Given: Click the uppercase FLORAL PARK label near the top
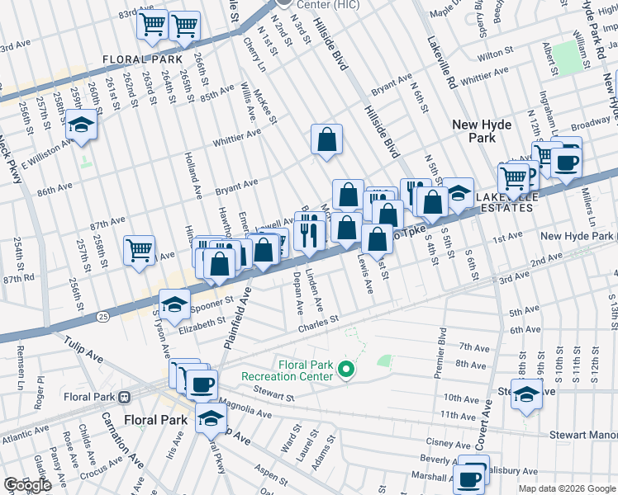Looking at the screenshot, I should point(142,59).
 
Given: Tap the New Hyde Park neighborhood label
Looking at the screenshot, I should point(482,131).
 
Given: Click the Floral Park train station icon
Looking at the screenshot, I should point(124,396).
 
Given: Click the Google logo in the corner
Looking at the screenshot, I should point(27,485).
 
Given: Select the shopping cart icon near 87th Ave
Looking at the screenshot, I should point(140,250).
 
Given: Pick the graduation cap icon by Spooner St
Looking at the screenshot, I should point(174,305).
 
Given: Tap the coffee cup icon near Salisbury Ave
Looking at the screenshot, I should point(471,478).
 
